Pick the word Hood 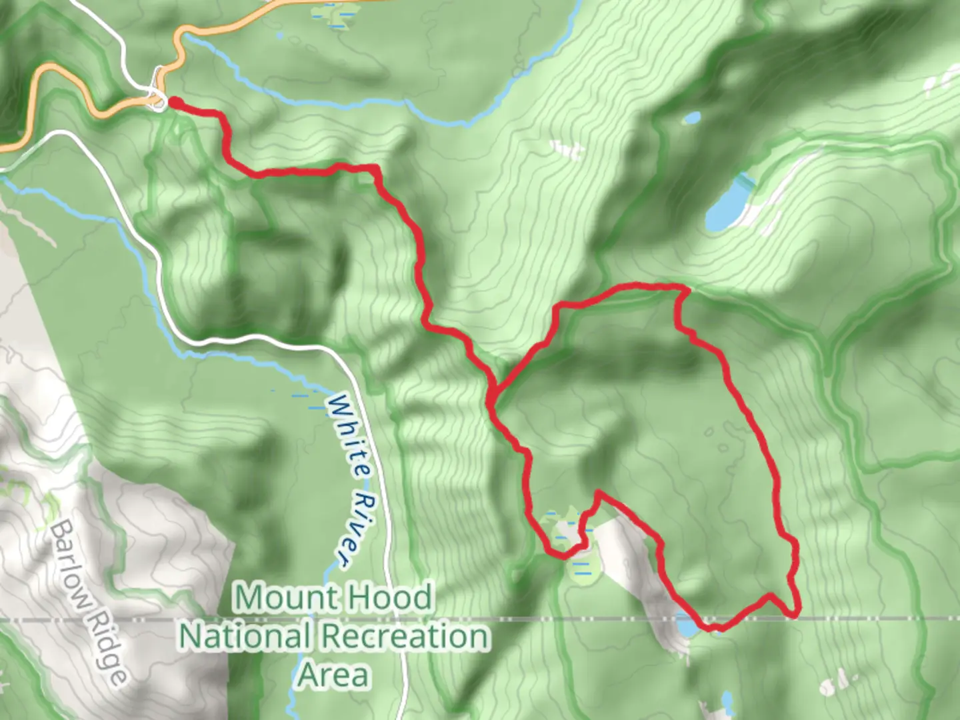[x=393, y=596]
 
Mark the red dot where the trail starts [x=175, y=102]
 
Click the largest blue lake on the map [x=728, y=203]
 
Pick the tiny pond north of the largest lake [x=692, y=119]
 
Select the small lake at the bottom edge [x=726, y=701]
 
